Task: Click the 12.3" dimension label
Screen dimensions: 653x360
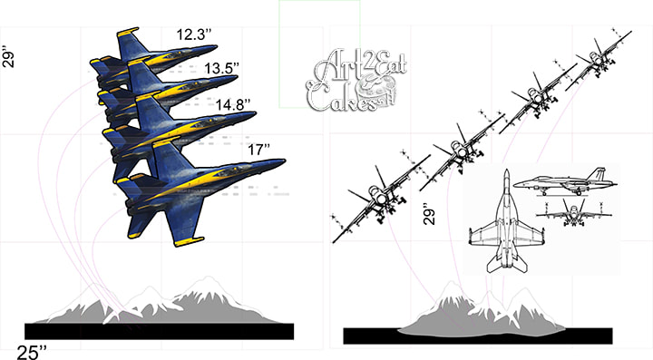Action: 194,34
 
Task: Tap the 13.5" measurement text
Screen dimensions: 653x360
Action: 222,68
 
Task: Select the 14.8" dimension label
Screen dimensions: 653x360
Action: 233,104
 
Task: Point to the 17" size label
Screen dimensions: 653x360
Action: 259,150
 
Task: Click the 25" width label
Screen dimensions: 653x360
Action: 32,352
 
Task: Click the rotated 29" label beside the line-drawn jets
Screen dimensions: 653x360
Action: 429,214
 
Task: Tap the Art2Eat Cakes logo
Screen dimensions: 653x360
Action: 356,81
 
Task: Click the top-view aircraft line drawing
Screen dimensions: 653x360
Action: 506,221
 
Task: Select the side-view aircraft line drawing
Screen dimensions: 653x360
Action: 565,182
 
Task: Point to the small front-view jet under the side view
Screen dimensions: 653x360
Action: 574,212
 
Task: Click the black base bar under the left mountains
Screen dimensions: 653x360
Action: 159,331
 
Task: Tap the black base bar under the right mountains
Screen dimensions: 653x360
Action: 478,336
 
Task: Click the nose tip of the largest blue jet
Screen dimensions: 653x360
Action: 285,161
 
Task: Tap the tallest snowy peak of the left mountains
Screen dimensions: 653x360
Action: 208,278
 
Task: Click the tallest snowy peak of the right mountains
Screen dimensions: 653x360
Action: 451,283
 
